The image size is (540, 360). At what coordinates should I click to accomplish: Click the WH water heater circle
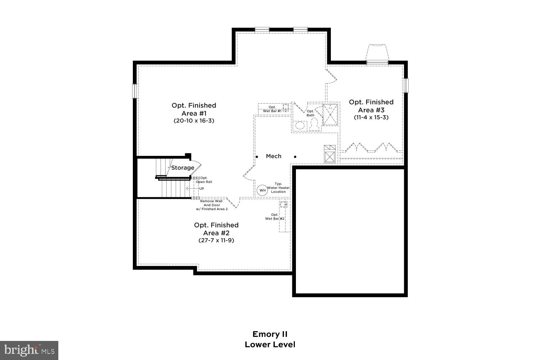point(262,190)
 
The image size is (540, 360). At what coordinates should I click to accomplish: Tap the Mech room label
point(274,156)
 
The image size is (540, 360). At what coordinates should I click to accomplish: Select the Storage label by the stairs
point(183,168)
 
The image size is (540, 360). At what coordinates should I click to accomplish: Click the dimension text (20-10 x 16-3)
point(194,121)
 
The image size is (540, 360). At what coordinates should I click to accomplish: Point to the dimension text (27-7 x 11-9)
point(216,240)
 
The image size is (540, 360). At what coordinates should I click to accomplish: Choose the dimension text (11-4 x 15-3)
point(371,117)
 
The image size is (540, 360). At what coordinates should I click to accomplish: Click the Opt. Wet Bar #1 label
point(272,109)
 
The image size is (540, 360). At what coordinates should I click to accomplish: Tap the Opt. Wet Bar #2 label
point(275,217)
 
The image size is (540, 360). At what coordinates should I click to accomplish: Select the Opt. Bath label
point(310,113)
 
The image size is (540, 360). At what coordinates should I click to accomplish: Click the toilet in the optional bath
point(314,124)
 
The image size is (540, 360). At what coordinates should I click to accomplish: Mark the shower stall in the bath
point(330,114)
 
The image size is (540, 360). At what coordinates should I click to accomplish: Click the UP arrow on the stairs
point(191,188)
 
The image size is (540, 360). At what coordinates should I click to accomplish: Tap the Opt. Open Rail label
point(204,180)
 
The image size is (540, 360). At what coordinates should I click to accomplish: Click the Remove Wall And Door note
point(211,205)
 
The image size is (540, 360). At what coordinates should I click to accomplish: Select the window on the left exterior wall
point(135,91)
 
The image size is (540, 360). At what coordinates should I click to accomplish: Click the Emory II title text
point(270,334)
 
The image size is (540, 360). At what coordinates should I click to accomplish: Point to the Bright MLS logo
point(29,350)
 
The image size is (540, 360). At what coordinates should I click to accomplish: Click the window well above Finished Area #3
point(377,53)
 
